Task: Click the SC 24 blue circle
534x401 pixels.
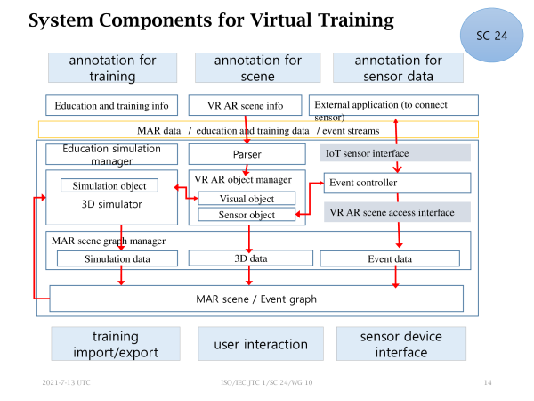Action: click(491, 35)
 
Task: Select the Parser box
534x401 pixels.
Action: click(247, 154)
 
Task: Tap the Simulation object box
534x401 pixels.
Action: click(109, 185)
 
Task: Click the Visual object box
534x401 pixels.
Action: click(247, 198)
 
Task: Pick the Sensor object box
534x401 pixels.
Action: click(247, 215)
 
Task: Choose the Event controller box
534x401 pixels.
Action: click(397, 183)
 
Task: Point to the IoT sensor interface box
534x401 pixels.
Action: click(395, 153)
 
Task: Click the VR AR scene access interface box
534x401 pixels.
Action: click(397, 212)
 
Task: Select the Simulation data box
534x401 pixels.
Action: click(117, 258)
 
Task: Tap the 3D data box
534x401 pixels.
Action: click(251, 258)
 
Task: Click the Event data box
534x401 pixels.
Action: click(390, 258)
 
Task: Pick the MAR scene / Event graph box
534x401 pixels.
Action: click(256, 299)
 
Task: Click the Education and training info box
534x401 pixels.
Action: click(112, 105)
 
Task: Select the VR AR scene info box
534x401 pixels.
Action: click(246, 105)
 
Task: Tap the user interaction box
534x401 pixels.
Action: click(261, 344)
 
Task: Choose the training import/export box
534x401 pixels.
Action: click(116, 344)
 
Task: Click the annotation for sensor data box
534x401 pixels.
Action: click(398, 68)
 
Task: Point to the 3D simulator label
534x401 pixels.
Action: click(112, 204)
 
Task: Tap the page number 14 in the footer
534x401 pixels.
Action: click(488, 382)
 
